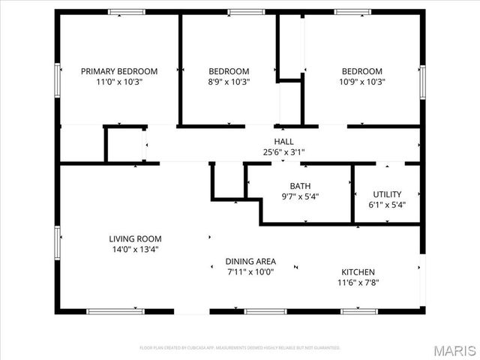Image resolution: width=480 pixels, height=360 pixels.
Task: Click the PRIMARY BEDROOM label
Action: [x=119, y=71]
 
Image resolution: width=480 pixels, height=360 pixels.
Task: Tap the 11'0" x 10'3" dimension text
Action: [x=119, y=82]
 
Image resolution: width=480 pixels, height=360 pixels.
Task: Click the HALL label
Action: [x=283, y=141]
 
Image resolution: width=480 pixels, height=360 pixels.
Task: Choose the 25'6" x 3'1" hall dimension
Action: [x=283, y=151]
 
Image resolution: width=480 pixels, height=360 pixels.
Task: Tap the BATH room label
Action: [x=300, y=186]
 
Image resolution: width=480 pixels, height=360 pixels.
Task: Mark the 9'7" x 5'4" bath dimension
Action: [x=300, y=196]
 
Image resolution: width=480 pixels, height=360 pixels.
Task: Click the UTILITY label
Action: [x=387, y=193]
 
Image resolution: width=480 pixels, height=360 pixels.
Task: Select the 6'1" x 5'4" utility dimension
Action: [x=387, y=204]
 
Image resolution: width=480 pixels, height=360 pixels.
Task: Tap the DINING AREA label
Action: [x=250, y=262]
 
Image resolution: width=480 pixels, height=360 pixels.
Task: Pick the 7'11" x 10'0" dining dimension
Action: [x=250, y=272]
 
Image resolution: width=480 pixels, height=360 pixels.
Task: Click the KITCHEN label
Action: [x=358, y=271]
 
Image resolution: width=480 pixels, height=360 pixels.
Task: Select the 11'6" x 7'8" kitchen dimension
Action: [x=358, y=282]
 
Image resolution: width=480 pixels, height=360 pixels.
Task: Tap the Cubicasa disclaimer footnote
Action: [x=240, y=348]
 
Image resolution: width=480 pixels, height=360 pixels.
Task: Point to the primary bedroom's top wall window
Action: [x=126, y=12]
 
